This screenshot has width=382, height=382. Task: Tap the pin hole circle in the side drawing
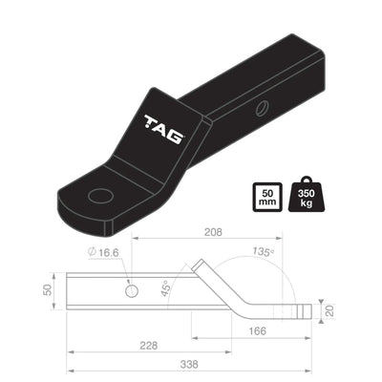click(x=131, y=290)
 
